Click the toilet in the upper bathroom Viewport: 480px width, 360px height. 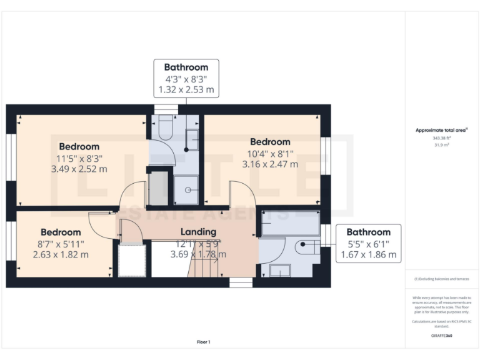pyautogui.click(x=166, y=128)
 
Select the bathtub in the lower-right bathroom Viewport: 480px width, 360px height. pyautogui.click(x=288, y=222)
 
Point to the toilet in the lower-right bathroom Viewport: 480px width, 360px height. pyautogui.click(x=306, y=247)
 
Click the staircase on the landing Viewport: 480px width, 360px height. pyautogui.click(x=204, y=268)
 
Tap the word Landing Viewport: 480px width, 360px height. pyautogui.click(x=198, y=232)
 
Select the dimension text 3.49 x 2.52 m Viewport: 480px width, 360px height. pyautogui.click(x=79, y=169)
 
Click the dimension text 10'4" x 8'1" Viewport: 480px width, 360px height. pyautogui.click(x=270, y=153)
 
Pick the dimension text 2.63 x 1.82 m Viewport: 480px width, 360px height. pyautogui.click(x=61, y=254)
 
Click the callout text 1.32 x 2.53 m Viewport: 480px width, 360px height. pyautogui.click(x=186, y=90)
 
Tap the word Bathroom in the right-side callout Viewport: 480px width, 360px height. pyautogui.click(x=369, y=231)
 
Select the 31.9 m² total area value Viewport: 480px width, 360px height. pyautogui.click(x=442, y=144)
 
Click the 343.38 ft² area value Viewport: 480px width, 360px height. pyautogui.click(x=442, y=138)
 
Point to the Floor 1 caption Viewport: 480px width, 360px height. pyautogui.click(x=204, y=342)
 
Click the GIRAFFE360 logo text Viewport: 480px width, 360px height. pyautogui.click(x=441, y=336)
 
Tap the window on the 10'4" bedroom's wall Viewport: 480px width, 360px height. pyautogui.click(x=325, y=155)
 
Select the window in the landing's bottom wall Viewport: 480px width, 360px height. pyautogui.click(x=241, y=282)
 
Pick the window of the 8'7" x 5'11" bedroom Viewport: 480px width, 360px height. pyautogui.click(x=11, y=241)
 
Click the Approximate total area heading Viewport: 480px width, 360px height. pyautogui.click(x=442, y=130)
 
